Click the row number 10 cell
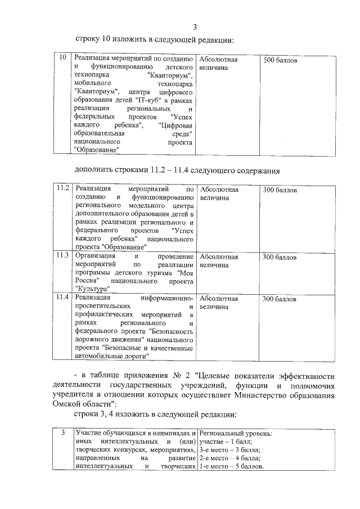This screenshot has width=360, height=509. click(x=63, y=58)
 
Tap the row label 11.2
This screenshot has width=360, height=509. click(x=64, y=189)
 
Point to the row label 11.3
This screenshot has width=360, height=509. click(x=64, y=256)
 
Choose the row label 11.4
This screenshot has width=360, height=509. click(x=64, y=297)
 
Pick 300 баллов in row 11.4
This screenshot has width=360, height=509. click(x=280, y=298)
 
